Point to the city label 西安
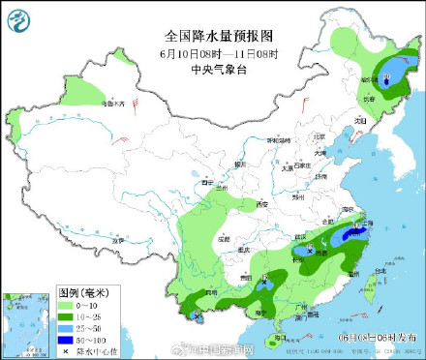(260, 205)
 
